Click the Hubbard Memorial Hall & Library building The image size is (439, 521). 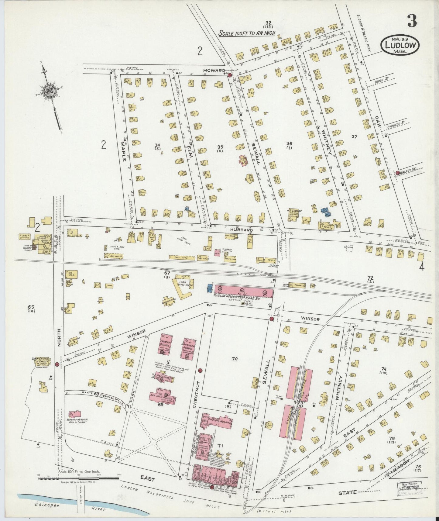(74, 415)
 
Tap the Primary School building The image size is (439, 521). (166, 344)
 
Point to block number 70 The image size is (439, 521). (234, 359)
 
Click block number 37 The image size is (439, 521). (354, 137)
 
